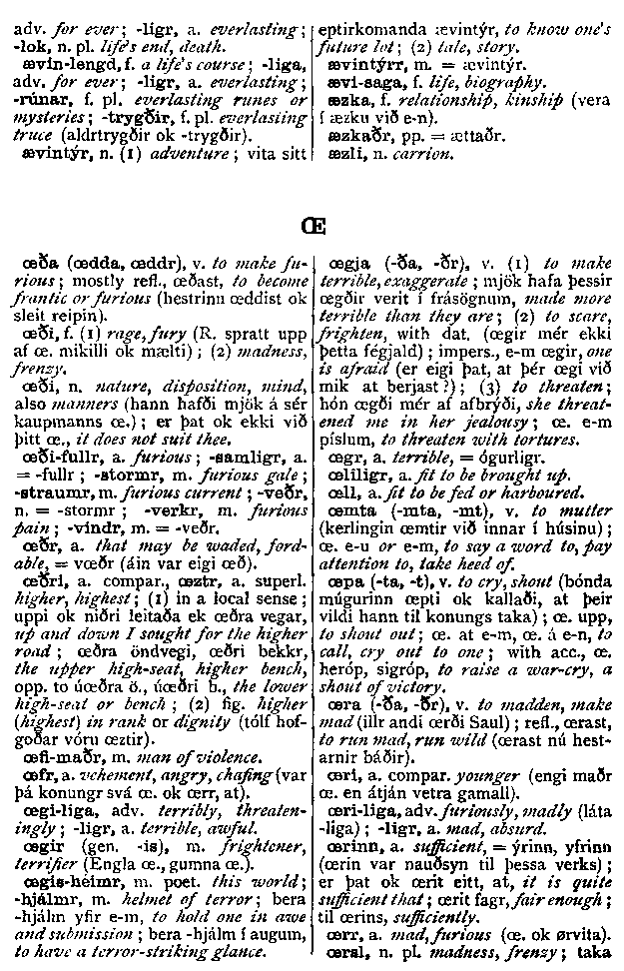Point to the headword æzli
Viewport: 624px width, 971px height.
coord(345,155)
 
